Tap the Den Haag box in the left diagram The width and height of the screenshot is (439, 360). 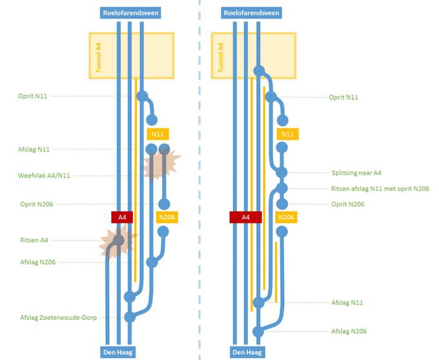(x=118, y=352)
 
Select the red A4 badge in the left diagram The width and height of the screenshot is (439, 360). (x=122, y=217)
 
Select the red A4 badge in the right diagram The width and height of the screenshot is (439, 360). (x=245, y=217)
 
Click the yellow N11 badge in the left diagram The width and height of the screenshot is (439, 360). (x=158, y=134)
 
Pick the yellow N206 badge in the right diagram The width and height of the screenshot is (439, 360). (x=285, y=217)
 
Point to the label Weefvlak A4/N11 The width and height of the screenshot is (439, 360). (x=44, y=175)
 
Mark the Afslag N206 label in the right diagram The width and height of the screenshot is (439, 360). (x=349, y=331)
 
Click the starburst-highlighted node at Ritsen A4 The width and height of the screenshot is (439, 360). (x=118, y=241)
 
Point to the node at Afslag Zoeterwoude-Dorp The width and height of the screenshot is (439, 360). (x=130, y=317)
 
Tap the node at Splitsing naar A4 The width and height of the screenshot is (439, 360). (x=281, y=172)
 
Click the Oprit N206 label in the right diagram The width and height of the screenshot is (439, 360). (x=348, y=204)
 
